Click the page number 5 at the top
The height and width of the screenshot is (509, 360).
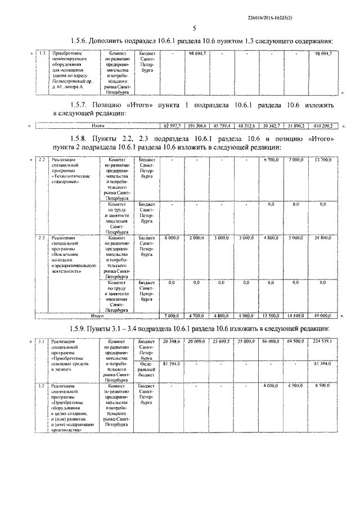[193, 28]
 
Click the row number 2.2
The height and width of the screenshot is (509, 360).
[41, 160]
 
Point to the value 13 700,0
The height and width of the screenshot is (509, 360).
[323, 160]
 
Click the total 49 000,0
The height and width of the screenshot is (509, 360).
[323, 317]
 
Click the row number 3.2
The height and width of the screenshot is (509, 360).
[41, 386]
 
